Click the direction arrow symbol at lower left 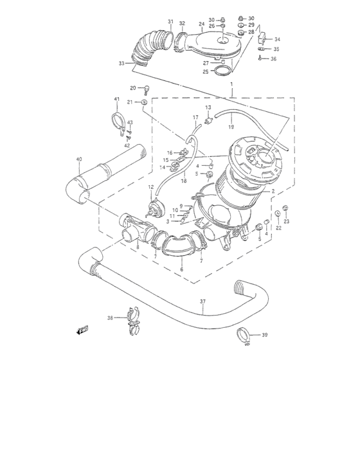point(82,330)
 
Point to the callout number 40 point(80,159)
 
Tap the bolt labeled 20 point(146,89)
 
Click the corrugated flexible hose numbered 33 point(145,50)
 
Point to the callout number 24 point(201,24)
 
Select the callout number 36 point(273,59)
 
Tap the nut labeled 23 point(285,208)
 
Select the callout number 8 point(137,247)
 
